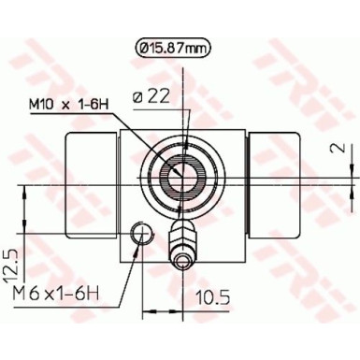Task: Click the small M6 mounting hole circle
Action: click(x=141, y=235)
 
